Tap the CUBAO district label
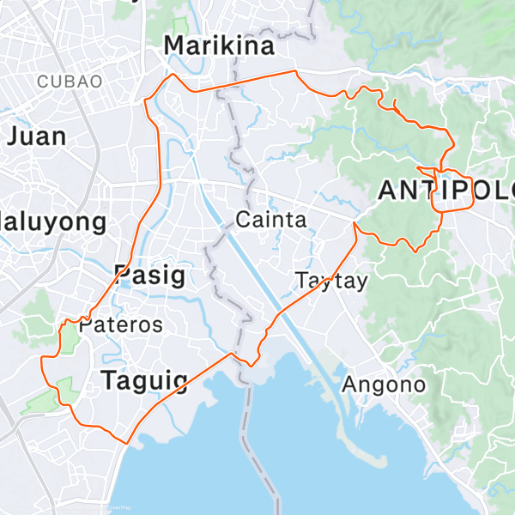(x=70, y=82)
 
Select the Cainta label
(x=270, y=220)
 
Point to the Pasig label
(x=149, y=275)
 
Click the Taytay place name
(x=330, y=281)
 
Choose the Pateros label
(x=120, y=325)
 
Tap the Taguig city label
(x=151, y=380)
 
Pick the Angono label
(x=383, y=384)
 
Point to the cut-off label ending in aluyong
(x=53, y=222)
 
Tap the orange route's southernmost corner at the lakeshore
(x=127, y=443)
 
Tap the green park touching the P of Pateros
(x=70, y=336)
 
